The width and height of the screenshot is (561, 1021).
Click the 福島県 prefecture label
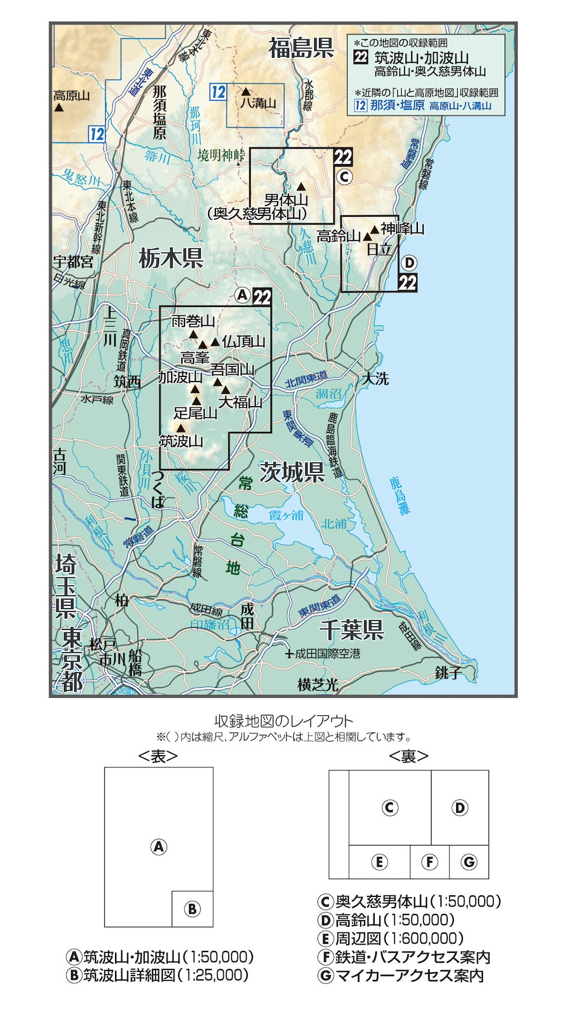(301, 48)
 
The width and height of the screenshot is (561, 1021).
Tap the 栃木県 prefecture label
(171, 259)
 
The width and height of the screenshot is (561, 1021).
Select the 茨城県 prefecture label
(292, 472)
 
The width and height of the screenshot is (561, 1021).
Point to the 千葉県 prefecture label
(351, 630)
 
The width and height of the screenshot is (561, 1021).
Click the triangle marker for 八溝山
(246, 91)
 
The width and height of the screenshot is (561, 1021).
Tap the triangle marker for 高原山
(58, 107)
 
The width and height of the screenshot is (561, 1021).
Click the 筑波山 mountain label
(181, 441)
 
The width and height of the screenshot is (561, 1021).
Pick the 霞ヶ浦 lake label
(286, 515)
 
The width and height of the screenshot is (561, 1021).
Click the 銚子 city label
(448, 673)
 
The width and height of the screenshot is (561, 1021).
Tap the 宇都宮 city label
(73, 261)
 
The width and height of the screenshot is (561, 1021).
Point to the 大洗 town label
(375, 379)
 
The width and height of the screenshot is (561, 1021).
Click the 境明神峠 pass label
(221, 155)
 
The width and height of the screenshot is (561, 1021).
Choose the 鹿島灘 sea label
(399, 496)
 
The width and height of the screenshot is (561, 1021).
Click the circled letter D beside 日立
(410, 263)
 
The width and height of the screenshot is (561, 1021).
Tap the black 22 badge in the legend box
(361, 57)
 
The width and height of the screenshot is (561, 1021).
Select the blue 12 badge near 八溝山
(218, 92)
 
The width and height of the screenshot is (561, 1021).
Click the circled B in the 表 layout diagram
(192, 909)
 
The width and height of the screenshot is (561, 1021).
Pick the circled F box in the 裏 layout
(429, 862)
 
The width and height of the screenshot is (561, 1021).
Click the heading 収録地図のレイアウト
(284, 721)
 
